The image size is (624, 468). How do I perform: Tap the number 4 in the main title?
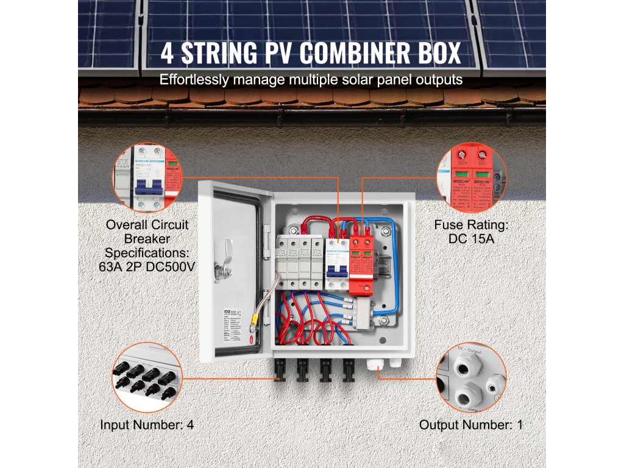(x=168, y=53)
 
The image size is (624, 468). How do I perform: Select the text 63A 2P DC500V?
(x=147, y=266)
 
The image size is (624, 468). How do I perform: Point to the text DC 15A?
(x=471, y=238)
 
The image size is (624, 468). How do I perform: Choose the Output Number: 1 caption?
(x=471, y=425)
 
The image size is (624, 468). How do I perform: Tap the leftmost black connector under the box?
(x=281, y=369)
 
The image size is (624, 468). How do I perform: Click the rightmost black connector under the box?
(x=349, y=369)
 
